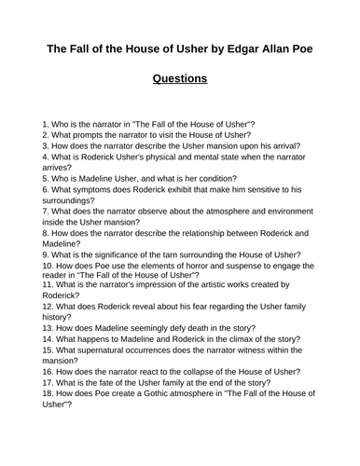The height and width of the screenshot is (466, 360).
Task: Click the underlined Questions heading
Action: point(179,78)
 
